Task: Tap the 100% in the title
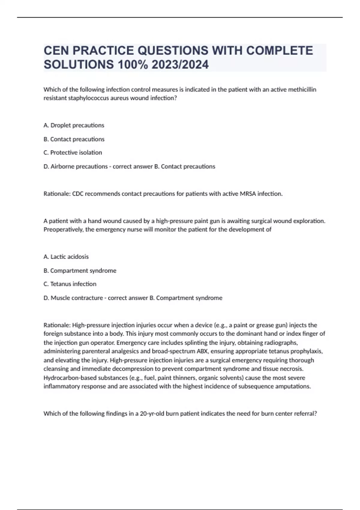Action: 132,64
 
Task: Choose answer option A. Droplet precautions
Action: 74,125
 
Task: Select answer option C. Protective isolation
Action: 73,152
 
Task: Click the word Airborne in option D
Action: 62,166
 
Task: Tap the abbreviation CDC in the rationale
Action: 78,194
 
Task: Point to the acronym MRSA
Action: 247,194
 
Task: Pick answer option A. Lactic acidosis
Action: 66,257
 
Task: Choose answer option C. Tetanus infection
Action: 70,284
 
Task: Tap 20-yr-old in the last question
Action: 152,414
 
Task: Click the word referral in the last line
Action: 306,414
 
